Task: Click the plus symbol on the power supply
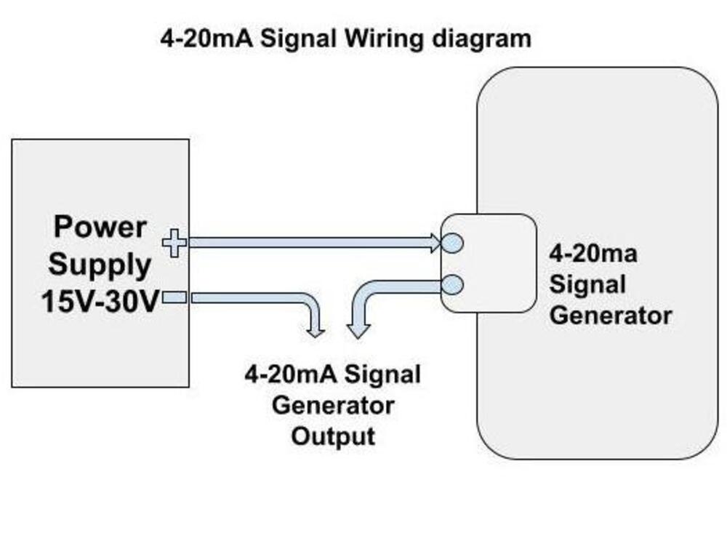(x=174, y=243)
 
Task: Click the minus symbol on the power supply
(x=174, y=297)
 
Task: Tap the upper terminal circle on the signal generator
(x=451, y=243)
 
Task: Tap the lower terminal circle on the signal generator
(x=451, y=285)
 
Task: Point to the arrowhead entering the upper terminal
(x=435, y=243)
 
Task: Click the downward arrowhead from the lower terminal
(x=356, y=331)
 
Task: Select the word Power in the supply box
(x=100, y=227)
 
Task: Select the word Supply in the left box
(x=100, y=264)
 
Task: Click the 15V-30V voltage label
(x=100, y=301)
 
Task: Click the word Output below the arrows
(x=333, y=436)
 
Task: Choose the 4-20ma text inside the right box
(x=593, y=254)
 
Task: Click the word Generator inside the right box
(x=610, y=316)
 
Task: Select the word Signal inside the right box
(x=587, y=284)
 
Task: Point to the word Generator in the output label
(x=333, y=405)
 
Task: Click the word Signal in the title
(x=299, y=38)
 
